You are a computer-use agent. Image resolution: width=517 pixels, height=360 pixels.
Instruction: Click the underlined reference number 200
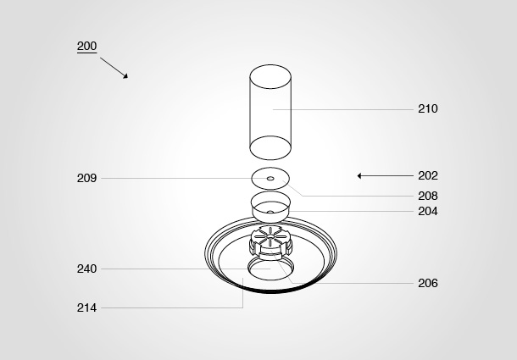click(86, 46)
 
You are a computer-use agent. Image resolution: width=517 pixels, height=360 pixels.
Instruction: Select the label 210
click(428, 108)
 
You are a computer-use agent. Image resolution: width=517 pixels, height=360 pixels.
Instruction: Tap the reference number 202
click(428, 175)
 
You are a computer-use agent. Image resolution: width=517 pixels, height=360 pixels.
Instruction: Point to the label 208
click(428, 196)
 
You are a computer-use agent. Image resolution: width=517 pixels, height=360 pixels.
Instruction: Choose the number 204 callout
click(428, 211)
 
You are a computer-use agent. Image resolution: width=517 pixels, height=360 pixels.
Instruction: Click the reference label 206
click(428, 283)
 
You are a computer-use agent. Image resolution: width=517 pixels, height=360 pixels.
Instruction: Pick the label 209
click(86, 179)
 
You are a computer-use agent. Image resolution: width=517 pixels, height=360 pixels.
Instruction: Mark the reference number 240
click(86, 269)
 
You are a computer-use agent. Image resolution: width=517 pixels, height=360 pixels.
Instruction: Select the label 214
click(86, 308)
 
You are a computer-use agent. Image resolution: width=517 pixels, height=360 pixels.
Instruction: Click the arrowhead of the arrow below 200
click(125, 76)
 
